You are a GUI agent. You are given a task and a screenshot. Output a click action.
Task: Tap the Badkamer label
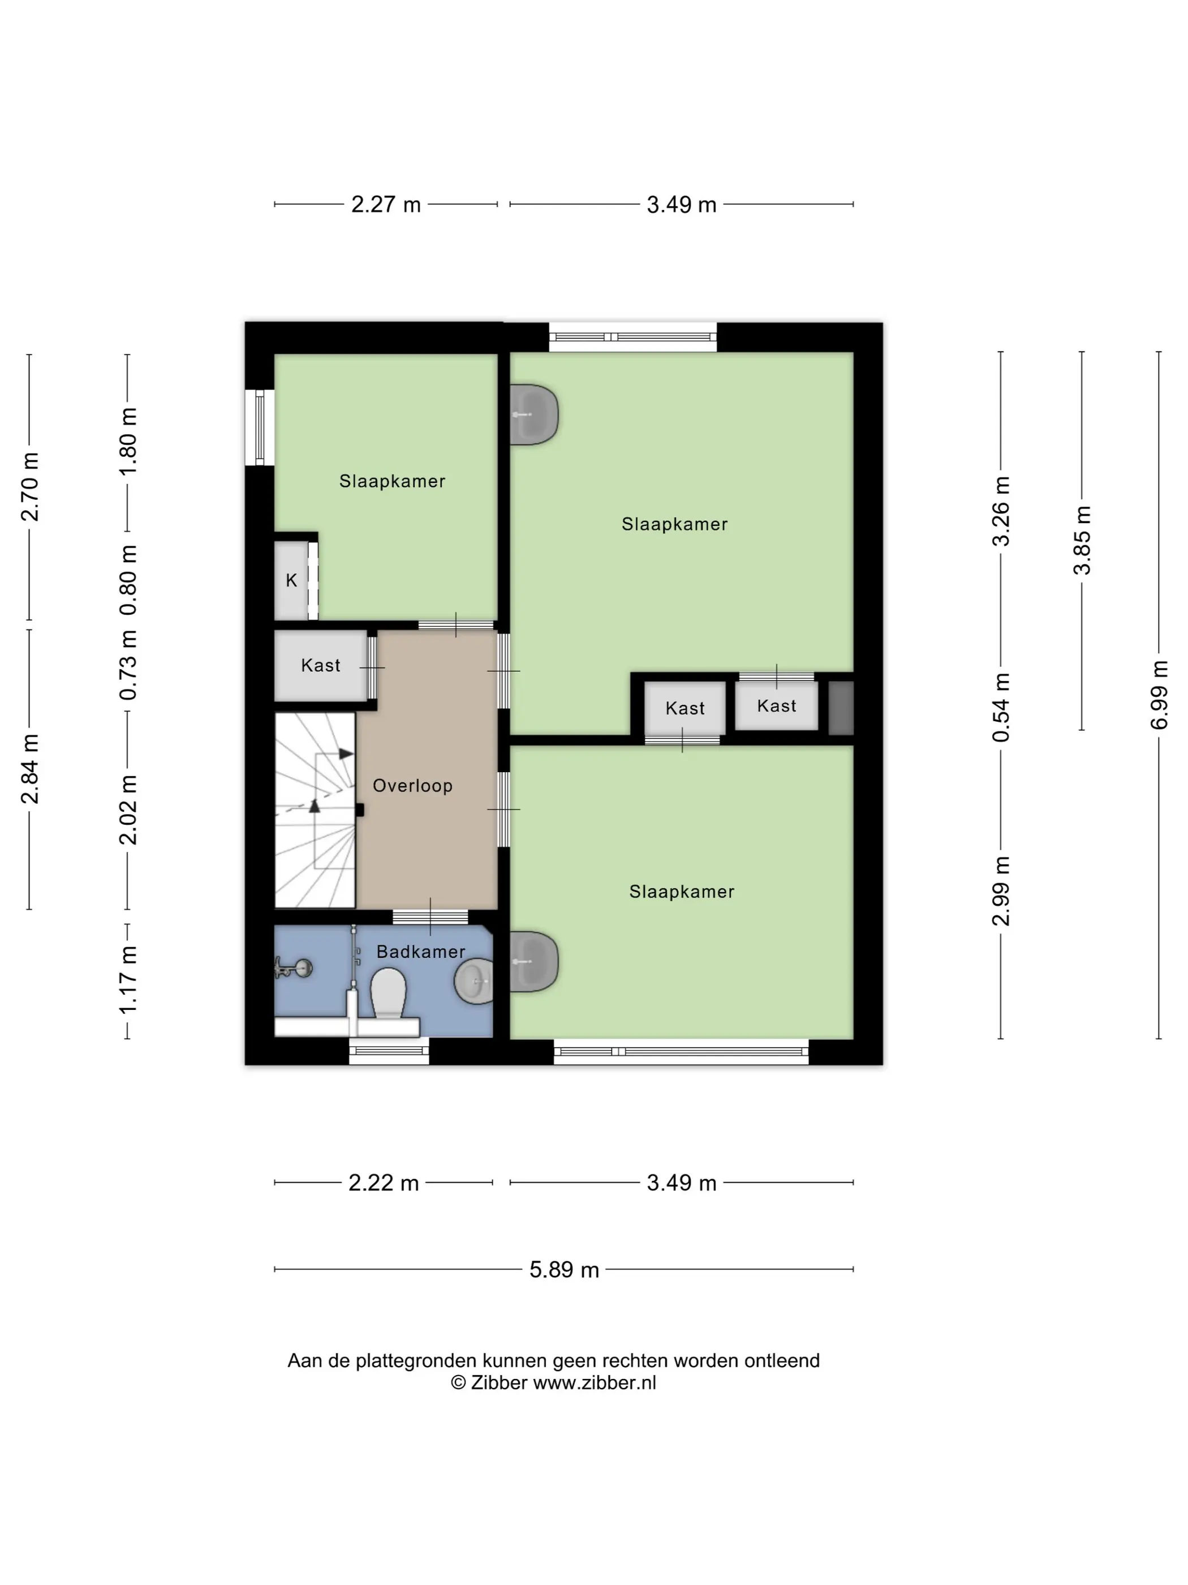pos(421,952)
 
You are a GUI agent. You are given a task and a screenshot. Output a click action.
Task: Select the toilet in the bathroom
pos(388,993)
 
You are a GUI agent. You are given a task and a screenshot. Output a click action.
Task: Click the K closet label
pos(291,580)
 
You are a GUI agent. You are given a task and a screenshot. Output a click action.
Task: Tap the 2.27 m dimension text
pos(386,205)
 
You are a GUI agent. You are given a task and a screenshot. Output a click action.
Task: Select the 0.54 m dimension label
pos(1001,707)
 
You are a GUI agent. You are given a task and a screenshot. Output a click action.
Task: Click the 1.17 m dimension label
pos(127,979)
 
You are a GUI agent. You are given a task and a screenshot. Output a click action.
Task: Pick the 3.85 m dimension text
pos(1082,540)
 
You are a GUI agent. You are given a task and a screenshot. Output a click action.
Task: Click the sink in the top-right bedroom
pos(533,415)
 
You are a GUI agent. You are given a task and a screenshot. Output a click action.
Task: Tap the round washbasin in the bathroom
pos(474,982)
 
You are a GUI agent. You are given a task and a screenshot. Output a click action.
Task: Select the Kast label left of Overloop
pos(321,666)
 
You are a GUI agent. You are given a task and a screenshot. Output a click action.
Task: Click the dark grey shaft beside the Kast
pos(841,708)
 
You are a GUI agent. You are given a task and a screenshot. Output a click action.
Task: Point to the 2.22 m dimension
pos(384,1183)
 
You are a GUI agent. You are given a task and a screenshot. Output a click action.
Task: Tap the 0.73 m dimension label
pos(127,666)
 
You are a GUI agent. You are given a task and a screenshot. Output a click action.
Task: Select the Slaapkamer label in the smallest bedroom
pos(393,482)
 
